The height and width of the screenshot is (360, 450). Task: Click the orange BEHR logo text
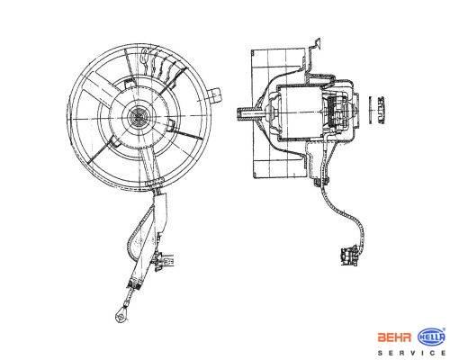tap(394, 337)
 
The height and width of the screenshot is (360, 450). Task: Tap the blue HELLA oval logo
tap(431, 337)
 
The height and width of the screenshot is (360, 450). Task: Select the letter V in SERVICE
tap(413, 353)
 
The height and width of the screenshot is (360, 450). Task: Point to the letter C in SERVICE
tap(434, 353)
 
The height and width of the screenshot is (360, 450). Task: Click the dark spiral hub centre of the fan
tap(139, 116)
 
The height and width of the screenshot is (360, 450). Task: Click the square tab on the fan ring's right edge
tap(215, 95)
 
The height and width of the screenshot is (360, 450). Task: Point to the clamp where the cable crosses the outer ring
tap(154, 182)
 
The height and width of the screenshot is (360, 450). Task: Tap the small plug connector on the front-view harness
tap(164, 260)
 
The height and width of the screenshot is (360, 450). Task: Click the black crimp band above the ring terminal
tap(135, 284)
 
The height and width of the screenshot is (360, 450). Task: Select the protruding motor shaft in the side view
tap(250, 114)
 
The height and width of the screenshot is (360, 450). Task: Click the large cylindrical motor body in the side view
tap(300, 112)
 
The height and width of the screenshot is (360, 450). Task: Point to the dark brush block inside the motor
tap(332, 112)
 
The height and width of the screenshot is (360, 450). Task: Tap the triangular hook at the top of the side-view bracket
tap(316, 44)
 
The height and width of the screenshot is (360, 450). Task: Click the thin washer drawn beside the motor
tap(371, 110)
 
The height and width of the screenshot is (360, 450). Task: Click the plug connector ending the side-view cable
tap(350, 256)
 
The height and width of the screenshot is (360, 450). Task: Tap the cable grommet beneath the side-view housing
tap(321, 182)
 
